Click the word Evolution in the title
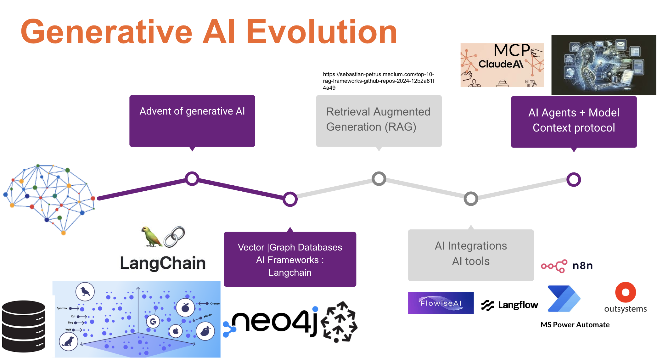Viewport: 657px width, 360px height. (x=322, y=32)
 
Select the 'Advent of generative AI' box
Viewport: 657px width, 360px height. (x=192, y=121)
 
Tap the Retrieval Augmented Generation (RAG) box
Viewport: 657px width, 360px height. (x=379, y=121)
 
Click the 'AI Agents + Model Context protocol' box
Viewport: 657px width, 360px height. (x=573, y=121)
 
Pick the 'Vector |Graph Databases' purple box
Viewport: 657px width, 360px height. (x=290, y=259)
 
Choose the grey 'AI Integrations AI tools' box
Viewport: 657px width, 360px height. (x=470, y=255)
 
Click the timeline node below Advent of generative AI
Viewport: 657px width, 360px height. (x=192, y=179)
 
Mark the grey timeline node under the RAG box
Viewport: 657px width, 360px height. (x=379, y=179)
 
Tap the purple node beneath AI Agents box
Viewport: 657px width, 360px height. (x=573, y=180)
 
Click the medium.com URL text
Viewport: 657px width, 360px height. (x=379, y=81)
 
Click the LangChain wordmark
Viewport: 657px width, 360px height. (x=163, y=263)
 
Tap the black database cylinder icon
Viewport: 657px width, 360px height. (x=24, y=326)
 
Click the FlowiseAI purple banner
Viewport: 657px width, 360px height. (x=441, y=303)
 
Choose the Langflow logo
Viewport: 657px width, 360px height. (x=510, y=305)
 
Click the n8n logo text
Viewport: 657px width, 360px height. (x=582, y=266)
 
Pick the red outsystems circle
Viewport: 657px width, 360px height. (x=625, y=292)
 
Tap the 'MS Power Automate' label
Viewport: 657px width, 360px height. (x=575, y=325)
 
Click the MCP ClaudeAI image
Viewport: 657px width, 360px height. (x=502, y=65)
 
